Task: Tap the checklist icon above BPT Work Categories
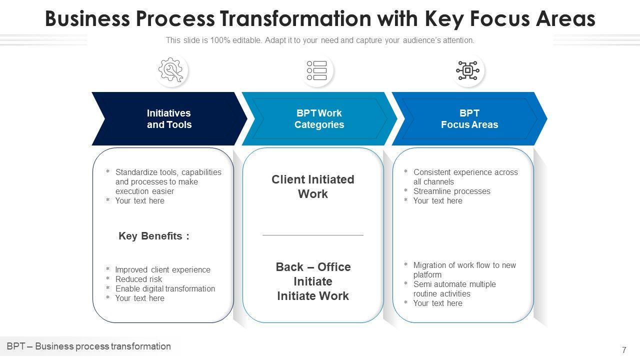(317, 70)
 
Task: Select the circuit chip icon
(467, 70)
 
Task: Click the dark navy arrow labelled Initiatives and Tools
(169, 119)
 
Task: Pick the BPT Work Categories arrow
(319, 119)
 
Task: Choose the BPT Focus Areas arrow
(469, 119)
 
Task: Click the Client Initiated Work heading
(313, 186)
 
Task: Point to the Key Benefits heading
(154, 236)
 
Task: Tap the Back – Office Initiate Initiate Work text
(313, 281)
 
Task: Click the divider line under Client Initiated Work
(313, 235)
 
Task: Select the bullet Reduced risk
(138, 279)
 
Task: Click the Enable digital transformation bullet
(165, 288)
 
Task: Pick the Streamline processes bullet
(451, 191)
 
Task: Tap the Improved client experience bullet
(162, 269)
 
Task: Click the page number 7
(624, 350)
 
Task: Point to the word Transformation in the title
(295, 19)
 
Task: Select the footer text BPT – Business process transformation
(89, 346)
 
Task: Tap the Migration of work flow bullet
(464, 270)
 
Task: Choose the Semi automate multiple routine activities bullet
(454, 289)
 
